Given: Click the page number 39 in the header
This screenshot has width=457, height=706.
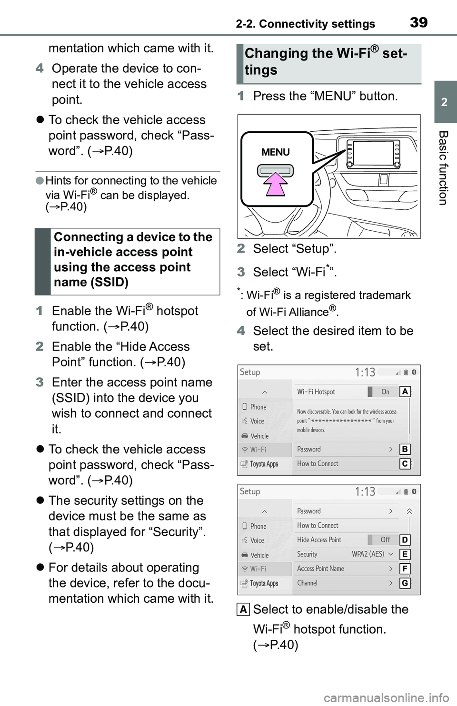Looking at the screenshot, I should point(418,22).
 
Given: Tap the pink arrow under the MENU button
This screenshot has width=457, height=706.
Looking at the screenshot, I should point(276,185).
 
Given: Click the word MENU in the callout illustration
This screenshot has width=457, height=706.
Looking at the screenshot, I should point(276,152).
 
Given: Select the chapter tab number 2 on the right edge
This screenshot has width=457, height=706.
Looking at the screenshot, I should point(444,102).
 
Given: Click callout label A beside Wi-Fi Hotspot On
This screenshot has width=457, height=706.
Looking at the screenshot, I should point(405,392).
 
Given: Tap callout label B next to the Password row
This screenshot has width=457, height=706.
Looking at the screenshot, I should point(405,449).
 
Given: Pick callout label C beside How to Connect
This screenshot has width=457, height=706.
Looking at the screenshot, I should point(405,463).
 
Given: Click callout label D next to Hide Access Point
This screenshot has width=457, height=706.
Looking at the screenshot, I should point(405,539).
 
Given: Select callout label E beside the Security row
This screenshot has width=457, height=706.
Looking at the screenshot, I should point(405,554).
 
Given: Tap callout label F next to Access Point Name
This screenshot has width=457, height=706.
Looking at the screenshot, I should point(405,569).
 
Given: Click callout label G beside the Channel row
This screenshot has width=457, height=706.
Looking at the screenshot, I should point(405,583).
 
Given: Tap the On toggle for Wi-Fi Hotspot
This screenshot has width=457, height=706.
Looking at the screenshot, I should point(385,392).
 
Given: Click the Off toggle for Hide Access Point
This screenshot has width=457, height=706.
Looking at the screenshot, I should point(385,539).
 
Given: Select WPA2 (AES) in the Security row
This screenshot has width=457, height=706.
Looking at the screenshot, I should point(368,554).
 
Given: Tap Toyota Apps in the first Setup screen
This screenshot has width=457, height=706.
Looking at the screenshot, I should point(264,464).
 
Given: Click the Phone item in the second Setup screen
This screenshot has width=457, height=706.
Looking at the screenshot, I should point(258,526).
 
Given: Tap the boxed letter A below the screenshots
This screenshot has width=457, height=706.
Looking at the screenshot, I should point(243,609).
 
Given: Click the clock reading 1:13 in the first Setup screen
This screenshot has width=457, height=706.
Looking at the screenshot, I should point(365,372).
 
